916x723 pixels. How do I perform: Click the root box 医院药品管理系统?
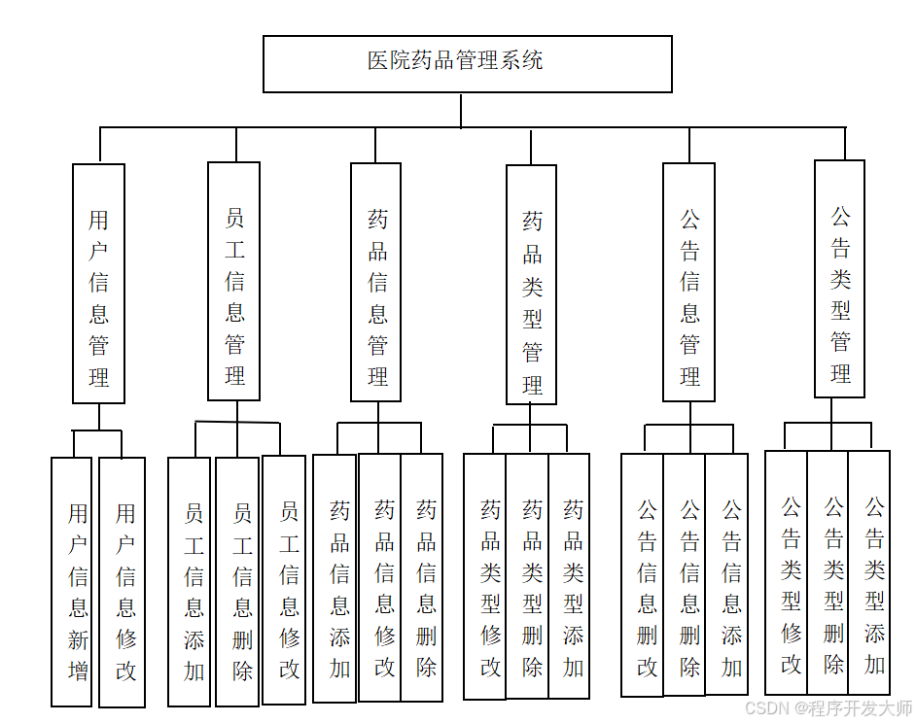pos(467,64)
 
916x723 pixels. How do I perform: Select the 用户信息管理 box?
pos(98,283)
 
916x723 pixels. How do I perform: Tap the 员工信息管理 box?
pos(233,281)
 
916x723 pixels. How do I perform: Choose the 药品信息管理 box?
pos(377,282)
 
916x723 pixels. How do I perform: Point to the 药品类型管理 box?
pos(531,285)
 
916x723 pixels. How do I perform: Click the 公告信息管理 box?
pos(688,282)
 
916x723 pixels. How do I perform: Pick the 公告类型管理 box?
pos(839,279)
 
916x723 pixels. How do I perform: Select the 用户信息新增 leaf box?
pos(72,581)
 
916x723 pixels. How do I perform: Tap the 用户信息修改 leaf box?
pos(123,581)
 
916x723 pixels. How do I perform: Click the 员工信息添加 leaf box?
pos(190,581)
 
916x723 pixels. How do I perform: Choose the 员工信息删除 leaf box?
pos(237,581)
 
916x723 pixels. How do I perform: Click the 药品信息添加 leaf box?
pos(335,578)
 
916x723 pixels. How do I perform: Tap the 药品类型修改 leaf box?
pos(485,576)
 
